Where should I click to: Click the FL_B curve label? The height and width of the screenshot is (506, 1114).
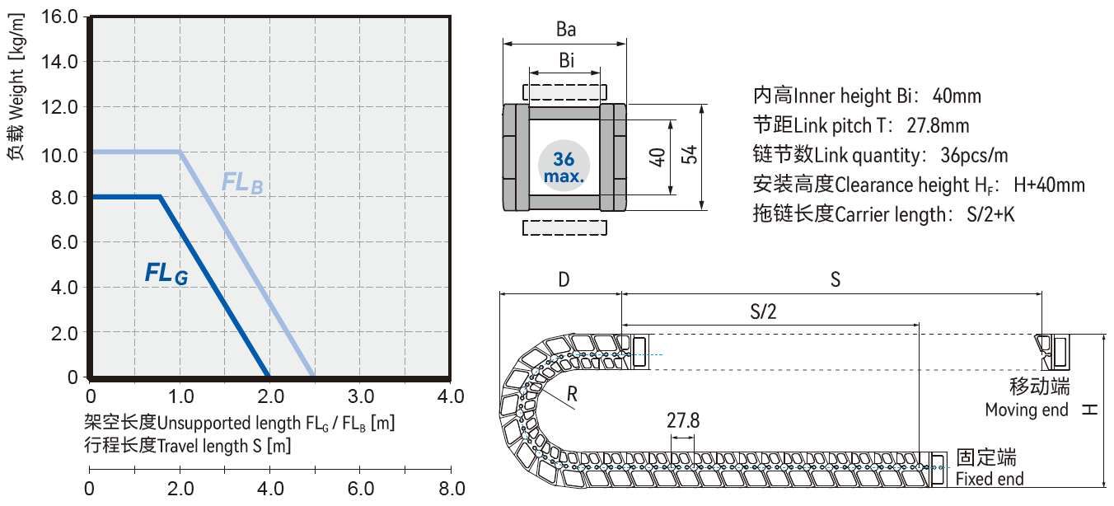click(242, 183)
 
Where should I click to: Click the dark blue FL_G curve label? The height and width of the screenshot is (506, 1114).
click(166, 273)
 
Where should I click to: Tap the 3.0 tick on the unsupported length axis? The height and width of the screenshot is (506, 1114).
click(362, 396)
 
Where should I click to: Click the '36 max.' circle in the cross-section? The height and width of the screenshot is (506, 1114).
click(564, 166)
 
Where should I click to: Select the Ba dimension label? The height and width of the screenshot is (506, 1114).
click(565, 30)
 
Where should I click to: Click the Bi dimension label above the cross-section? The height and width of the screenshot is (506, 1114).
click(566, 61)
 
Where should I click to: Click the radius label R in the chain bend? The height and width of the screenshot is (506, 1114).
click(573, 396)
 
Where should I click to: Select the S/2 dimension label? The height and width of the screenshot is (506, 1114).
click(763, 312)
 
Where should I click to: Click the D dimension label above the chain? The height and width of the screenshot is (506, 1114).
click(564, 280)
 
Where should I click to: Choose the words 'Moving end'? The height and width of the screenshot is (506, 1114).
click(1027, 410)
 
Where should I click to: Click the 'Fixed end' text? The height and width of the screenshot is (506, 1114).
click(990, 480)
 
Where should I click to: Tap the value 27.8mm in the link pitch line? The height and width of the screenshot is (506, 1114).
click(938, 126)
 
